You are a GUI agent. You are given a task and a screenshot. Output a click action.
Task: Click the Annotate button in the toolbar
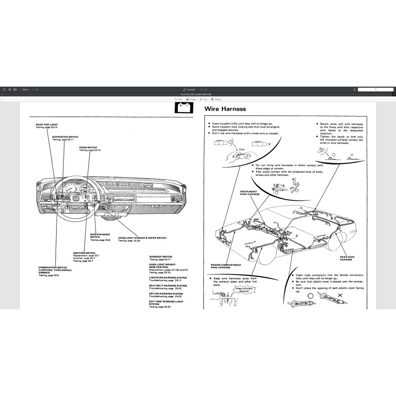(x=189, y=89)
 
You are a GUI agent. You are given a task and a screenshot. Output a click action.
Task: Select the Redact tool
(x=216, y=99)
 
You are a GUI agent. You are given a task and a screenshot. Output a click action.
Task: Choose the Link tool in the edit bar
(x=203, y=99)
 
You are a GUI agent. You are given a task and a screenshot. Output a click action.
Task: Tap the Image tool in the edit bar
(x=191, y=99)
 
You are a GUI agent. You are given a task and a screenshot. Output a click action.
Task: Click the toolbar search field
(x=375, y=89)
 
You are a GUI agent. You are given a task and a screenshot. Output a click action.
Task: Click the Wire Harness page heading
(x=225, y=109)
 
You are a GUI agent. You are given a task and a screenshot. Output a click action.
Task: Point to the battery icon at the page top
(x=184, y=107)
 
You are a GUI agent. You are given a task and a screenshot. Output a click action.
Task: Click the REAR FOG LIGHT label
(x=47, y=125)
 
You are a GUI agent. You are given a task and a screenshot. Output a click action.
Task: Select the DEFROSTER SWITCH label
(x=65, y=137)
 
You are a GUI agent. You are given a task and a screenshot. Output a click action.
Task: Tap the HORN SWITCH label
(x=88, y=147)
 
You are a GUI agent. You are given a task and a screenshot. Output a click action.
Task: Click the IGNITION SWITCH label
(x=84, y=253)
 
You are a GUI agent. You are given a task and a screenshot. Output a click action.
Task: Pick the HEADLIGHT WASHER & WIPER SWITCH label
(x=142, y=238)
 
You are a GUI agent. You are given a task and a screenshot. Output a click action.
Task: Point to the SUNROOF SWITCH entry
(x=160, y=256)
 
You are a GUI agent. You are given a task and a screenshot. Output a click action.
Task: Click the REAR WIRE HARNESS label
(x=347, y=258)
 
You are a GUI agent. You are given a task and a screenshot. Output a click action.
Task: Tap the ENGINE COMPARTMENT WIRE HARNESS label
(x=225, y=266)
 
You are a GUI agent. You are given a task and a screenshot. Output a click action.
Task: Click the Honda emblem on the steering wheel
(x=76, y=198)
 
